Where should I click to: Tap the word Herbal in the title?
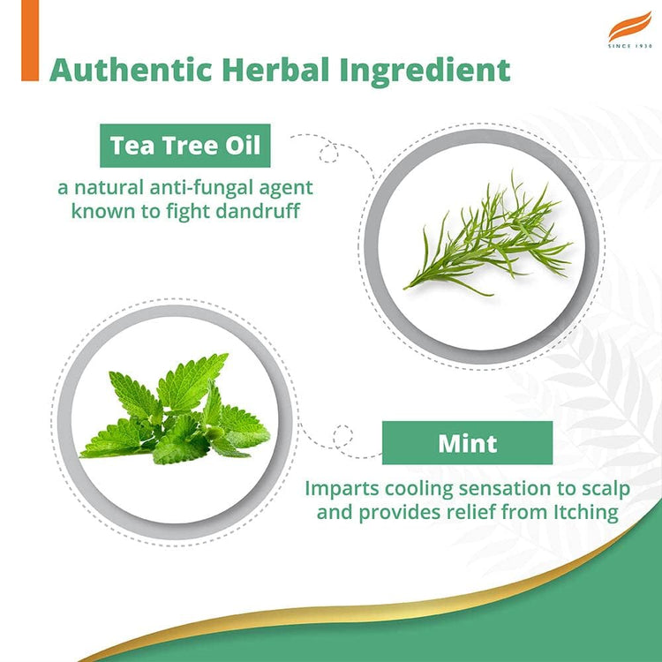point(266,70)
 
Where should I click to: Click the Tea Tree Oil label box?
point(184,146)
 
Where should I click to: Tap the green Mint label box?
point(467,442)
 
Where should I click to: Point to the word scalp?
point(592,488)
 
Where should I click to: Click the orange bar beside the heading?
point(30,41)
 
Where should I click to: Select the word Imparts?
point(338,488)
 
